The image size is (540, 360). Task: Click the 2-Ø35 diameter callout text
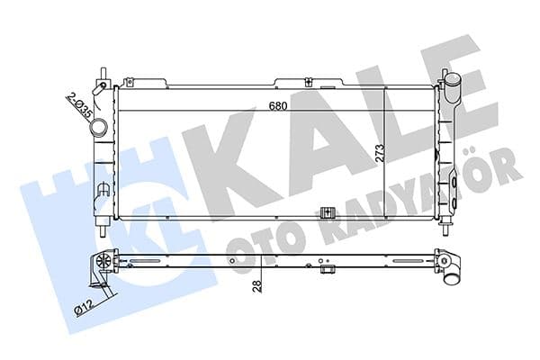click(78, 104)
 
